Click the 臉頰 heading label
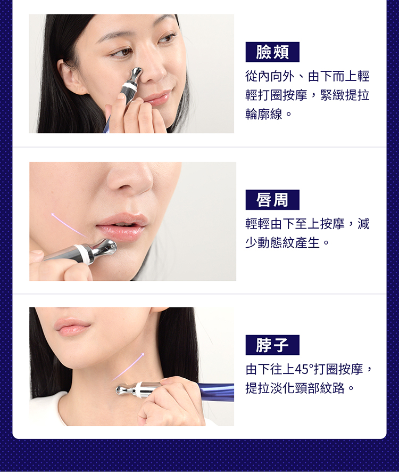coord(272,52)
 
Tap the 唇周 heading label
coord(272,200)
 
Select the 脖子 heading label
coord(272,345)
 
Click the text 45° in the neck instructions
coord(304,369)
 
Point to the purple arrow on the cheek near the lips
coord(69,225)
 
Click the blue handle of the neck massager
coord(217,392)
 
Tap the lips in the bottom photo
coord(72,327)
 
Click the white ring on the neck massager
coord(139,389)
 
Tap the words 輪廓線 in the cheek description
coord(264,115)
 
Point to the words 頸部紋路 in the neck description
coord(320,388)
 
